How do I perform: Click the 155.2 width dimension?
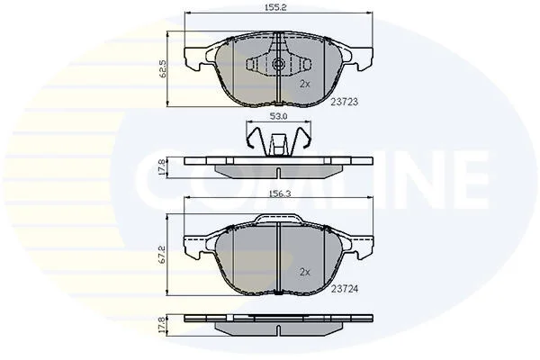[x=275, y=7]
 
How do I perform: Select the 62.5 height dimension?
[x=163, y=69]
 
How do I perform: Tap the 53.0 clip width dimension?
[x=278, y=116]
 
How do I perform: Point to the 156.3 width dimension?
[x=279, y=193]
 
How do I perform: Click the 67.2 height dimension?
[x=163, y=255]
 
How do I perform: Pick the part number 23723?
[x=345, y=102]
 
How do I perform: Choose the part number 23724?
[x=345, y=289]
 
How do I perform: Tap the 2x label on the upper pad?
[x=305, y=84]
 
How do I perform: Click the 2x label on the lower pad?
[x=305, y=272]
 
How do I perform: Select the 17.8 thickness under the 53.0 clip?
[x=163, y=167]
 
